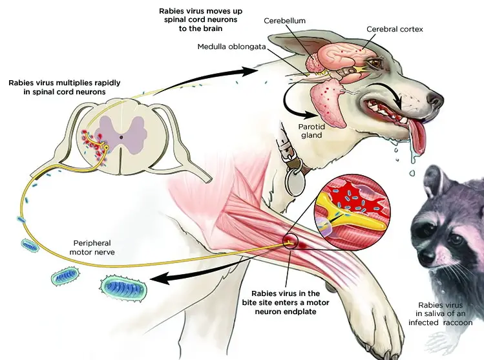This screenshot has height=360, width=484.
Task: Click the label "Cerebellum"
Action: tap(284, 21)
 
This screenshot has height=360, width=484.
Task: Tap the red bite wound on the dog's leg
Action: tap(288, 242)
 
